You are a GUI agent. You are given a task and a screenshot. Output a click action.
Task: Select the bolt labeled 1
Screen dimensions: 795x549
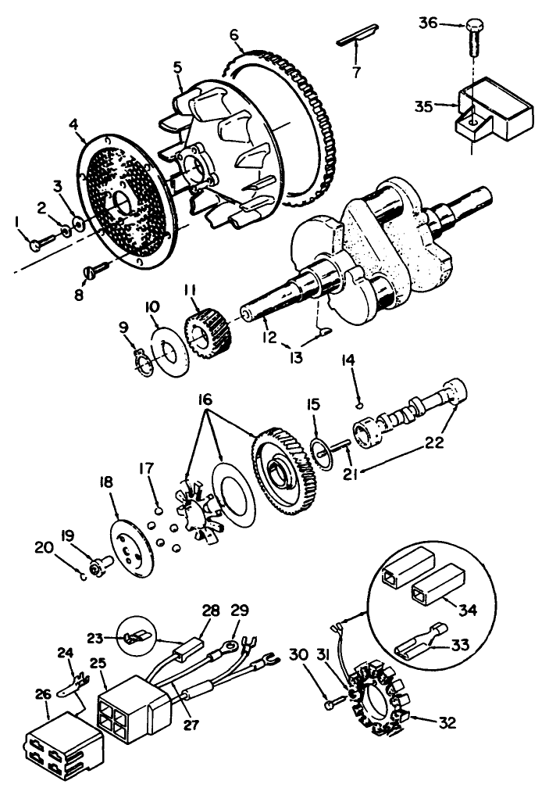coord(37,245)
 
